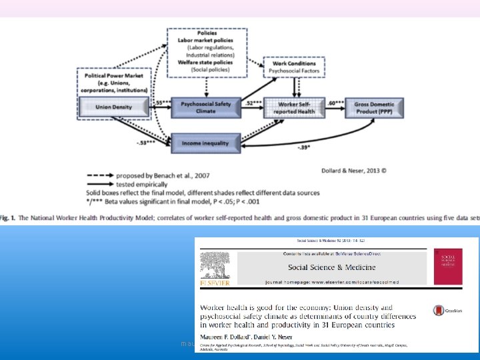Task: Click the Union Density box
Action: click(x=114, y=105)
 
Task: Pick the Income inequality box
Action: click(x=205, y=142)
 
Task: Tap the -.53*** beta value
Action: click(x=146, y=142)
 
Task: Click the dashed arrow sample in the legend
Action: click(x=101, y=177)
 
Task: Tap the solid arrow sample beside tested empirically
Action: click(x=101, y=185)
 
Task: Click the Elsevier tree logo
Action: click(x=216, y=266)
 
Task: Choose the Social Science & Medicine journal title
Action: click(x=331, y=267)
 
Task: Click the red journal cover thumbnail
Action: click(x=447, y=267)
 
